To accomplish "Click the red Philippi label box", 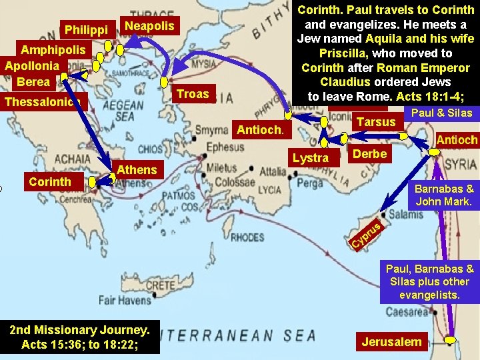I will point(86,30).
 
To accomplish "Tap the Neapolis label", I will point(149,26).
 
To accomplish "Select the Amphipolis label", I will point(53,50).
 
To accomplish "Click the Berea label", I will point(33,81).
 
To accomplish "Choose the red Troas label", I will point(193,93).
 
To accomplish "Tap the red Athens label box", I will point(137,169).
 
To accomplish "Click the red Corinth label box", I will point(50,181).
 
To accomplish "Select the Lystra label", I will point(311,157).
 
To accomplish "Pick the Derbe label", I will point(369,154).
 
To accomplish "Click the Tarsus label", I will point(376,121).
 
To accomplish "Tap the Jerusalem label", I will point(391,342).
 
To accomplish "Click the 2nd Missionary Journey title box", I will point(80,336).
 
